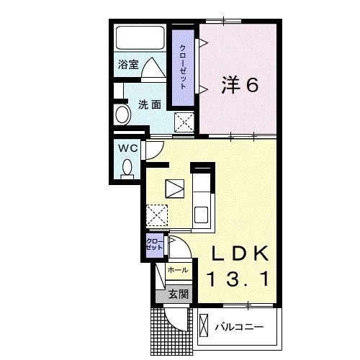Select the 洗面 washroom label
(x=149, y=104)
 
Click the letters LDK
(x=240, y=254)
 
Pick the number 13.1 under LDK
(x=240, y=278)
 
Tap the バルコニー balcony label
(x=238, y=328)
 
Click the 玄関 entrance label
(x=179, y=293)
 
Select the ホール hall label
(x=177, y=270)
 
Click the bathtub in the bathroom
(x=140, y=36)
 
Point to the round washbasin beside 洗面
(x=120, y=114)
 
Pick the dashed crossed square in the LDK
(x=156, y=215)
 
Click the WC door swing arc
(x=153, y=149)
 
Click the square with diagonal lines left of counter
(x=175, y=189)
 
